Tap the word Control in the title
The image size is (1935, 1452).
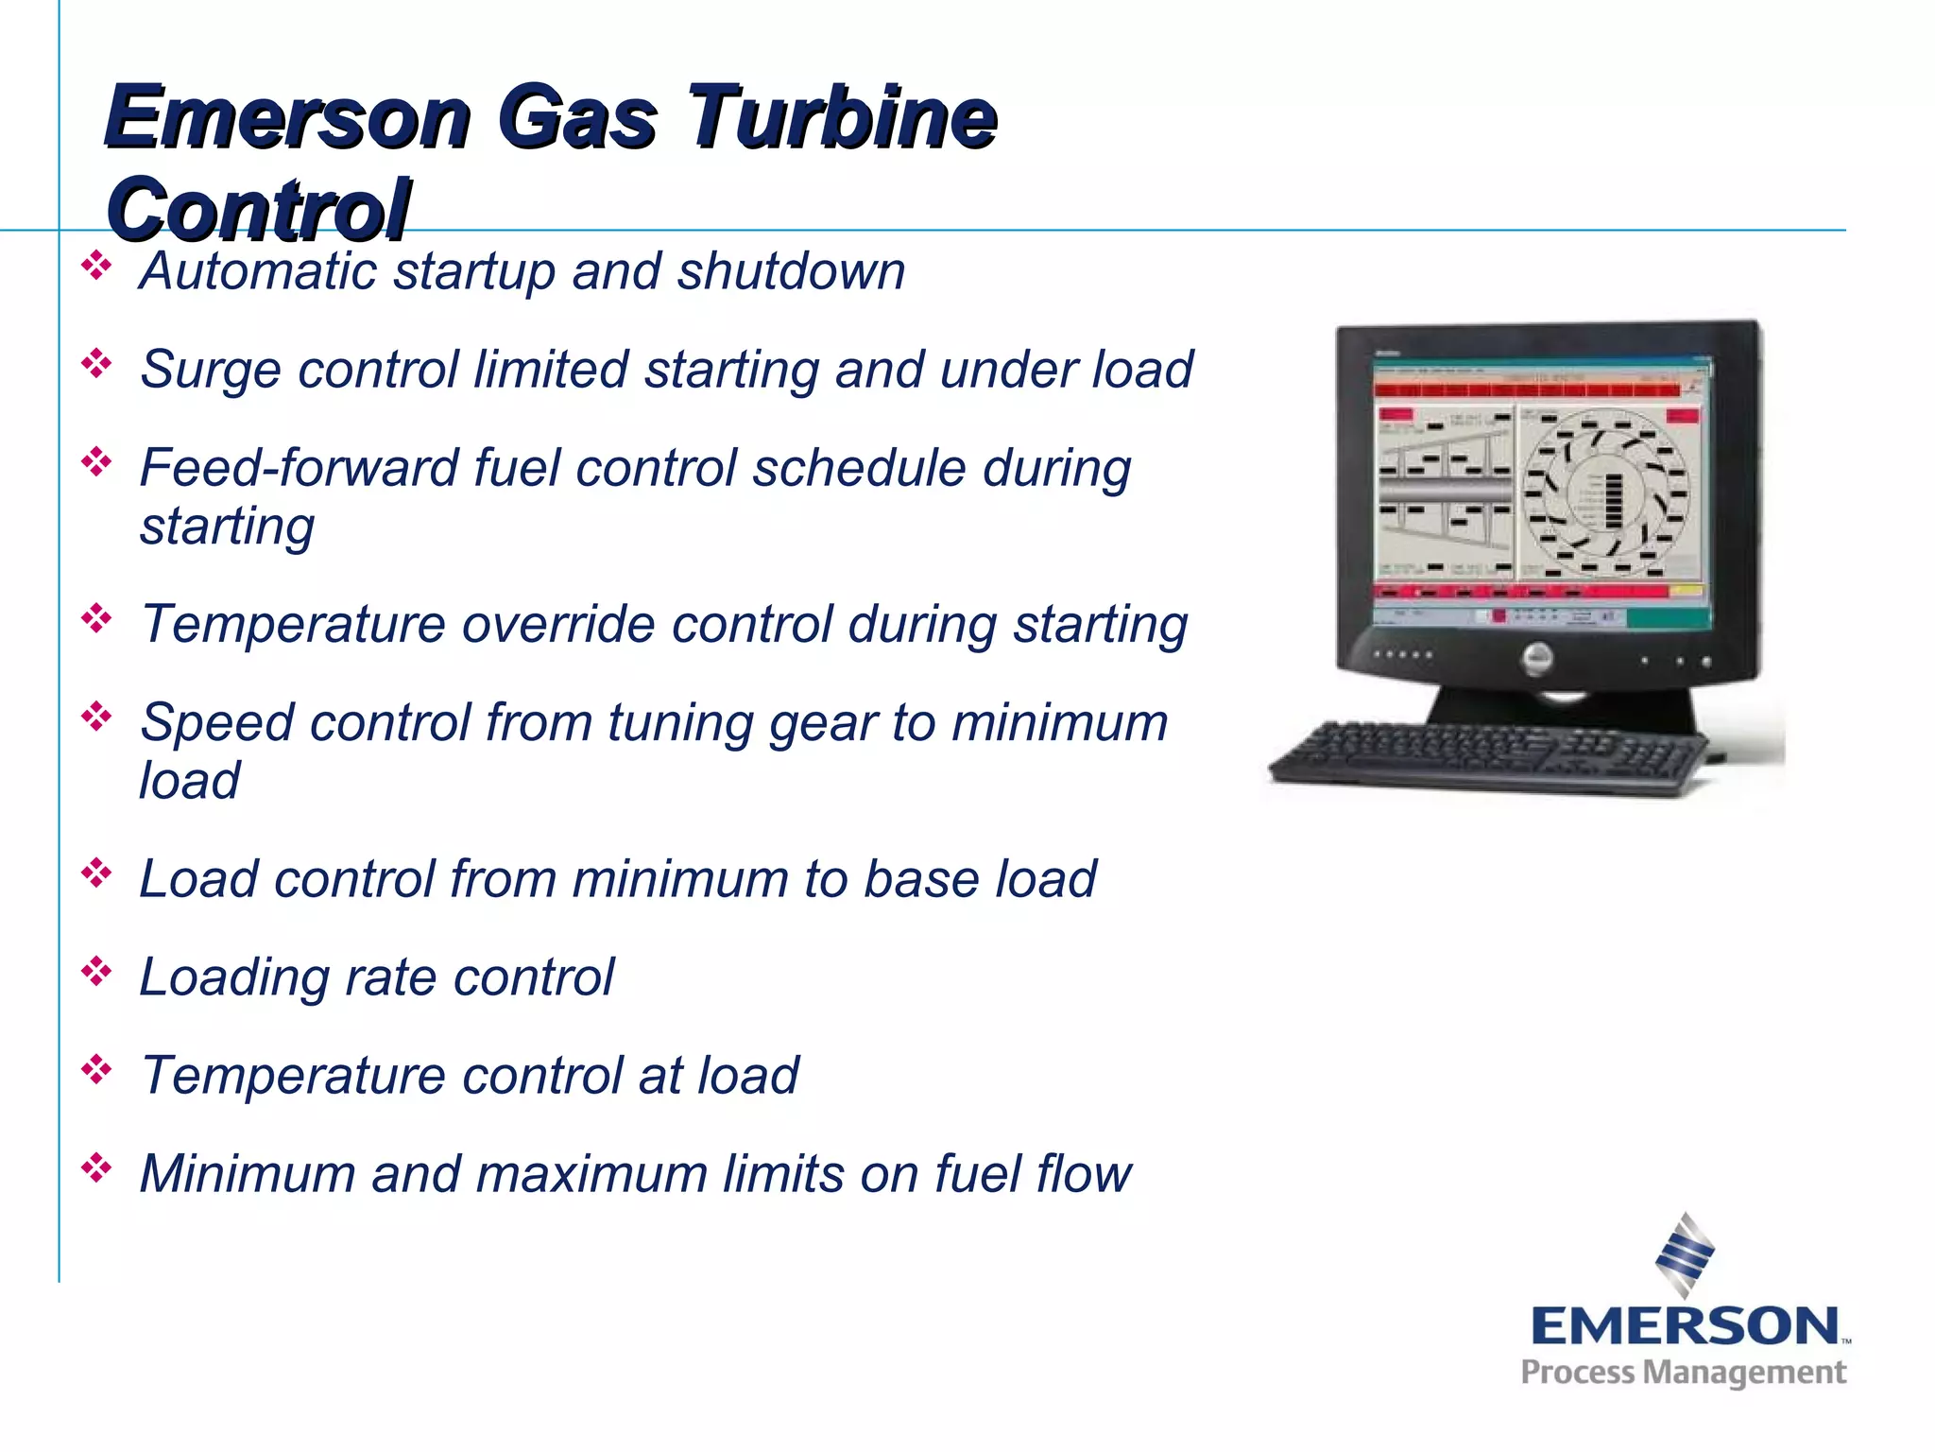click(258, 210)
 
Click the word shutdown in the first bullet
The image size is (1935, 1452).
click(791, 271)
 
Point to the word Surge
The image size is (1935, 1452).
click(210, 369)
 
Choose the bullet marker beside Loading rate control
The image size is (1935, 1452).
click(96, 972)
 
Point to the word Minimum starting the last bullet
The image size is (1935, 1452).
click(247, 1174)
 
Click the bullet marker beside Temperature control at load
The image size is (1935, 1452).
click(96, 1070)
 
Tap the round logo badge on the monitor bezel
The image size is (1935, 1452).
click(1537, 658)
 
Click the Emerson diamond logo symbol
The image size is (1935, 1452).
click(1685, 1254)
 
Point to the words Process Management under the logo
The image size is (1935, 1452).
click(1683, 1373)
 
